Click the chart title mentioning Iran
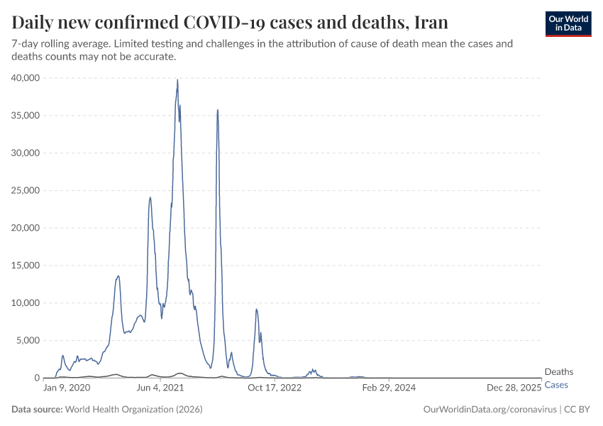230,22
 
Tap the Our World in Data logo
568,23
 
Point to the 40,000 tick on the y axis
26,78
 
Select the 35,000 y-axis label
26,116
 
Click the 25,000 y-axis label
26,190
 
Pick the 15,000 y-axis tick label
26,266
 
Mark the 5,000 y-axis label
29,341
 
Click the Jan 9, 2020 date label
67,388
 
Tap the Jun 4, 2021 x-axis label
160,388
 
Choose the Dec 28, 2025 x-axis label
514,388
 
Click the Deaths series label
558,372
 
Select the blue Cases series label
556,385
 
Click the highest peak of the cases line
177,80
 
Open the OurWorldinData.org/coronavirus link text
489,410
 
